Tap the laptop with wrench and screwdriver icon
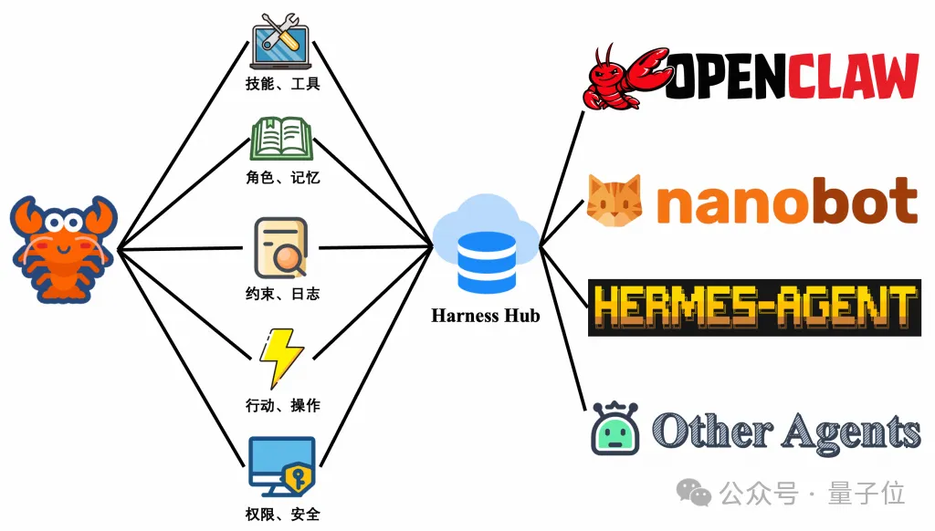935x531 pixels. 282,41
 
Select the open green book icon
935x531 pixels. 282,141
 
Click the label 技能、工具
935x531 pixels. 282,85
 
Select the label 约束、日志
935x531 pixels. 282,294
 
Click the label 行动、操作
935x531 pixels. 282,405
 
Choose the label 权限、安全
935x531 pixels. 282,515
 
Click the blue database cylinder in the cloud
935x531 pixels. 486,259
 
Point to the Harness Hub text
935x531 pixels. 486,316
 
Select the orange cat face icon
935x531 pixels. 614,200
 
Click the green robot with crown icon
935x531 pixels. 615,429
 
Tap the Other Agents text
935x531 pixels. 786,430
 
